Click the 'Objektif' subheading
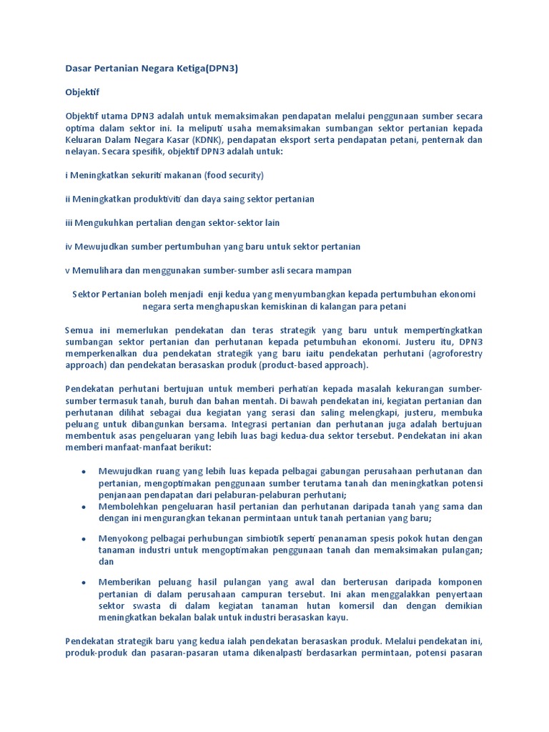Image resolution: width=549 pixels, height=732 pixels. point(83,92)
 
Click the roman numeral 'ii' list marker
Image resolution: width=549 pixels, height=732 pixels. point(68,199)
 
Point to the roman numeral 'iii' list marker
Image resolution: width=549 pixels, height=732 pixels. point(69,222)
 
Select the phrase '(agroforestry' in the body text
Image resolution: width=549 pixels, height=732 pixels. point(454,353)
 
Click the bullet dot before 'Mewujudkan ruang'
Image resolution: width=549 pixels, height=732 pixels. point(84,472)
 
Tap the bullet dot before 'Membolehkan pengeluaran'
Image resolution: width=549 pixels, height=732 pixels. point(84,507)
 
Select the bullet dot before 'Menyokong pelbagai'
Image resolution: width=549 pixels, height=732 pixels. point(84,538)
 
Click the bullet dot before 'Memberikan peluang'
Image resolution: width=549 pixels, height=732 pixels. point(84,583)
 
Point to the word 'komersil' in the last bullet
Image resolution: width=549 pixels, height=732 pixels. point(339,605)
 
